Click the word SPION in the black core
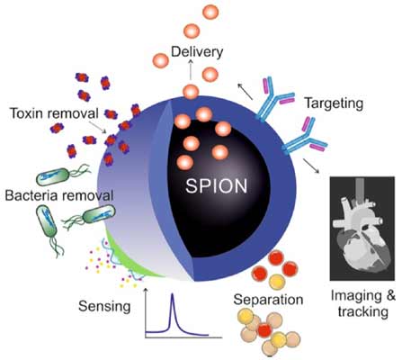coord(217,186)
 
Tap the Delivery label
coord(197,52)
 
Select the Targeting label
coord(334,103)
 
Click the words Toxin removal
coord(54,113)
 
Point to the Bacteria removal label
coord(59,195)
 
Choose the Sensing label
coord(104,307)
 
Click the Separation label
coord(268,300)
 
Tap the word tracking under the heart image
coord(363,311)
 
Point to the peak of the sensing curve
coord(173,294)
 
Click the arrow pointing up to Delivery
coord(191,69)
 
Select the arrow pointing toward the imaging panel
coord(311,166)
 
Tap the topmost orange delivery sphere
coord(210,12)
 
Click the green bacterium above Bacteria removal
coord(63,175)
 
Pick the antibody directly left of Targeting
coord(273,98)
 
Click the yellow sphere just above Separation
coord(277,282)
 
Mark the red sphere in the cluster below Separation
coord(264,329)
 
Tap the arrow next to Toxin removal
coord(98,128)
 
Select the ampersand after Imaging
coord(390,296)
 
